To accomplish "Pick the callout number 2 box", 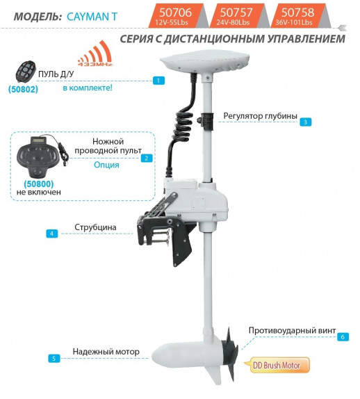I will tap(146, 158).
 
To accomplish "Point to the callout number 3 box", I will tap(305, 122).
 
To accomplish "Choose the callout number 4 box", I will tap(51, 234).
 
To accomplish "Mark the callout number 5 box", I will tap(54, 359).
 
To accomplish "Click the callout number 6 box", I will tap(342, 336).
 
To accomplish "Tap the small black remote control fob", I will tap(26, 72).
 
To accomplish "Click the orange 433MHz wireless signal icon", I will tap(92, 55).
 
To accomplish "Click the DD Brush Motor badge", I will tap(279, 364).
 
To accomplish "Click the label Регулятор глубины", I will tap(261, 115).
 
